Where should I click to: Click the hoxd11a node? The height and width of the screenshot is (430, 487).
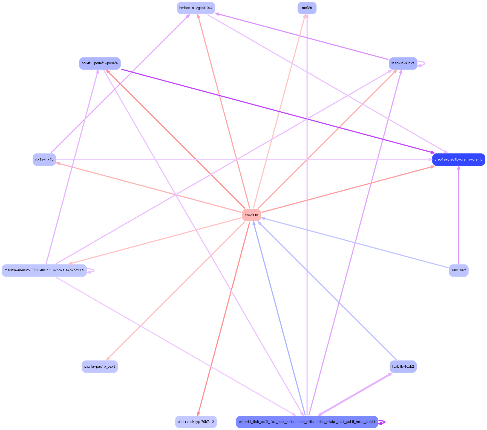click(251, 215)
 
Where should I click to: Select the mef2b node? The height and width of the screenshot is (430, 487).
click(307, 8)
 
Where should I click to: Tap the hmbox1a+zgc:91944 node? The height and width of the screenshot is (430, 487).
click(196, 8)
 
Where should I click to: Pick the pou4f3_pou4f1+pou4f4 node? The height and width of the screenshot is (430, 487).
click(100, 63)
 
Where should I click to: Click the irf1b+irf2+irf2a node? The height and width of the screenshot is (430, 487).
click(403, 63)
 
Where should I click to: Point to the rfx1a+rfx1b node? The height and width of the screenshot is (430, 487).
click(44, 159)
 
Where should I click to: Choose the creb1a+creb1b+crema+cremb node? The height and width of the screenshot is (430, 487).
click(459, 159)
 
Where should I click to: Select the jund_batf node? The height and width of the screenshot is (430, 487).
click(459, 270)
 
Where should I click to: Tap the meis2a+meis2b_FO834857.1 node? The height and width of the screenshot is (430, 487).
click(44, 270)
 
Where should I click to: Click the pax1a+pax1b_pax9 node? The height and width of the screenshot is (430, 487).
click(100, 367)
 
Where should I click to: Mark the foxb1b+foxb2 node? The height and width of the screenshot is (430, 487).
click(403, 367)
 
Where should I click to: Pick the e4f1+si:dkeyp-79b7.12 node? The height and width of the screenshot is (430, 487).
click(196, 422)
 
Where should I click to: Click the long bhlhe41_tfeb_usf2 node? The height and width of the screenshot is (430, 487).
click(307, 422)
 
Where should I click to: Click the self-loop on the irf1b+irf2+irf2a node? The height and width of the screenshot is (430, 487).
click(423, 63)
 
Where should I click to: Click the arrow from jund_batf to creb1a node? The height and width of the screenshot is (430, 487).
click(459, 213)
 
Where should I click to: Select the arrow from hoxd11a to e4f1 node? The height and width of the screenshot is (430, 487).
click(223, 319)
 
